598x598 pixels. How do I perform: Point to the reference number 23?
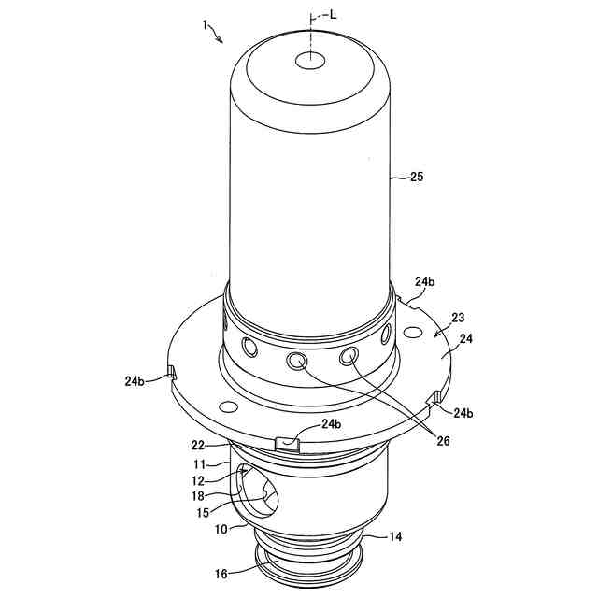coord(458,318)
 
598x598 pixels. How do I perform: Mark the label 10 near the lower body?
coord(222,530)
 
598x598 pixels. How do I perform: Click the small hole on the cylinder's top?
coord(309,61)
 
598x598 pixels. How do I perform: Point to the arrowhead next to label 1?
coord(221,40)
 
